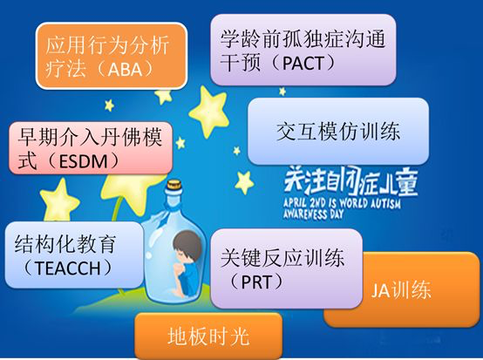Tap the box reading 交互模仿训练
click(x=339, y=132)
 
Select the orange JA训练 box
click(x=402, y=289)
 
